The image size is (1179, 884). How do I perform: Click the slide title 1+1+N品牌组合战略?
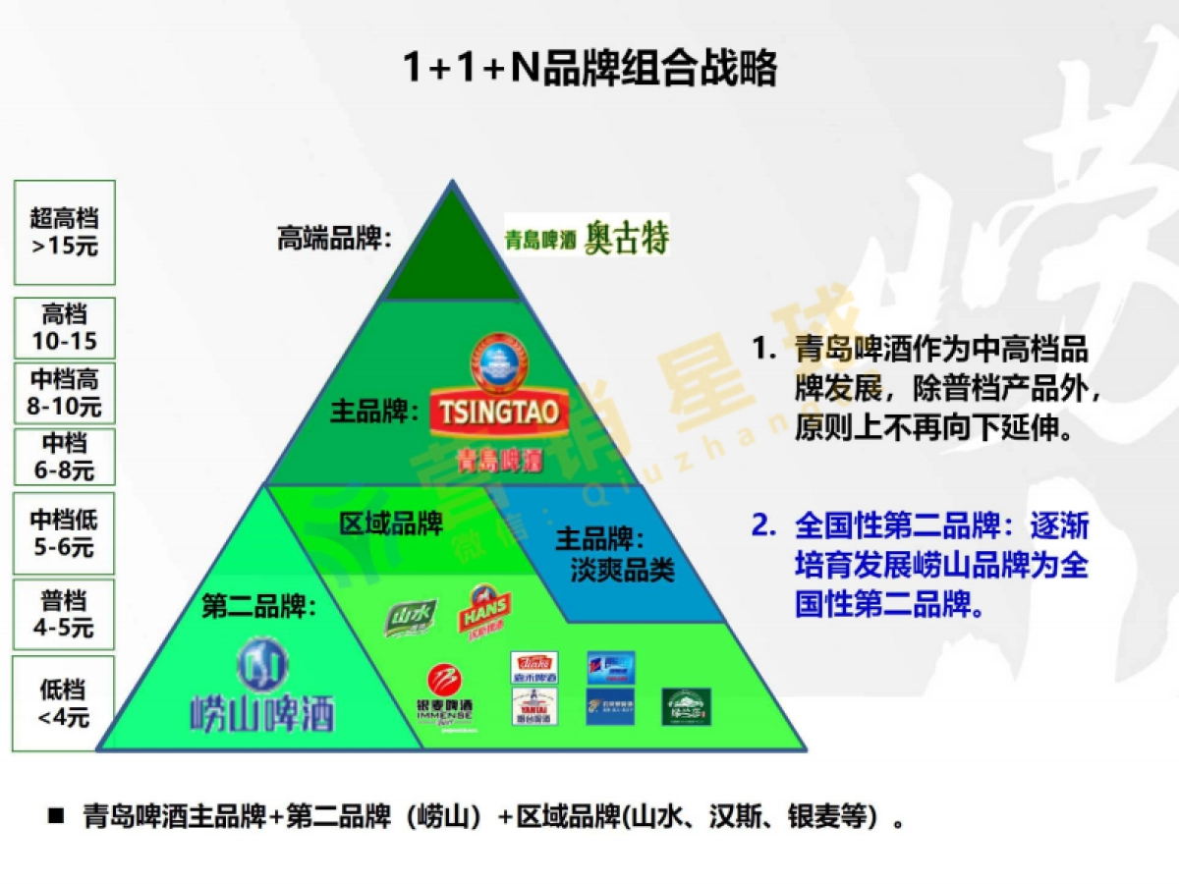[x=589, y=69]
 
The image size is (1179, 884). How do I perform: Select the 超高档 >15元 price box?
[x=64, y=233]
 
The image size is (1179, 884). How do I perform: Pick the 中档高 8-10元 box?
[x=64, y=392]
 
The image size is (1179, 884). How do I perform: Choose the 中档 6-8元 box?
[x=64, y=457]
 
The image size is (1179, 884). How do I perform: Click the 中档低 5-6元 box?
[x=64, y=533]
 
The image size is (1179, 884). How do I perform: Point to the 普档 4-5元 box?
[x=64, y=614]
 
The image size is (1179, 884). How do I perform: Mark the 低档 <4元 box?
[x=64, y=703]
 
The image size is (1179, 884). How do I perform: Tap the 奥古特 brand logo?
[x=587, y=237]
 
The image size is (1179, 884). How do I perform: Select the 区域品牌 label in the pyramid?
[x=391, y=524]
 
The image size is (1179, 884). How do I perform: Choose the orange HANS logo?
[x=484, y=612]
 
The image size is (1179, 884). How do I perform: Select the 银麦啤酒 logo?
[x=446, y=696]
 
